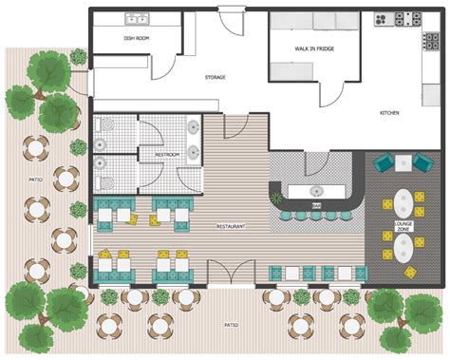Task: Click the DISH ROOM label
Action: (x=136, y=38)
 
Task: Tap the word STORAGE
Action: (x=216, y=77)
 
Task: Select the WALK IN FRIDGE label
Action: (x=312, y=47)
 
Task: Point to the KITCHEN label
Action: (x=390, y=113)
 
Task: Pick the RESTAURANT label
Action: (x=232, y=227)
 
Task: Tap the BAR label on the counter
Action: (x=316, y=204)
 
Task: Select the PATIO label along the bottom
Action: (x=231, y=324)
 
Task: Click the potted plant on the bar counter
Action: (x=277, y=198)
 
